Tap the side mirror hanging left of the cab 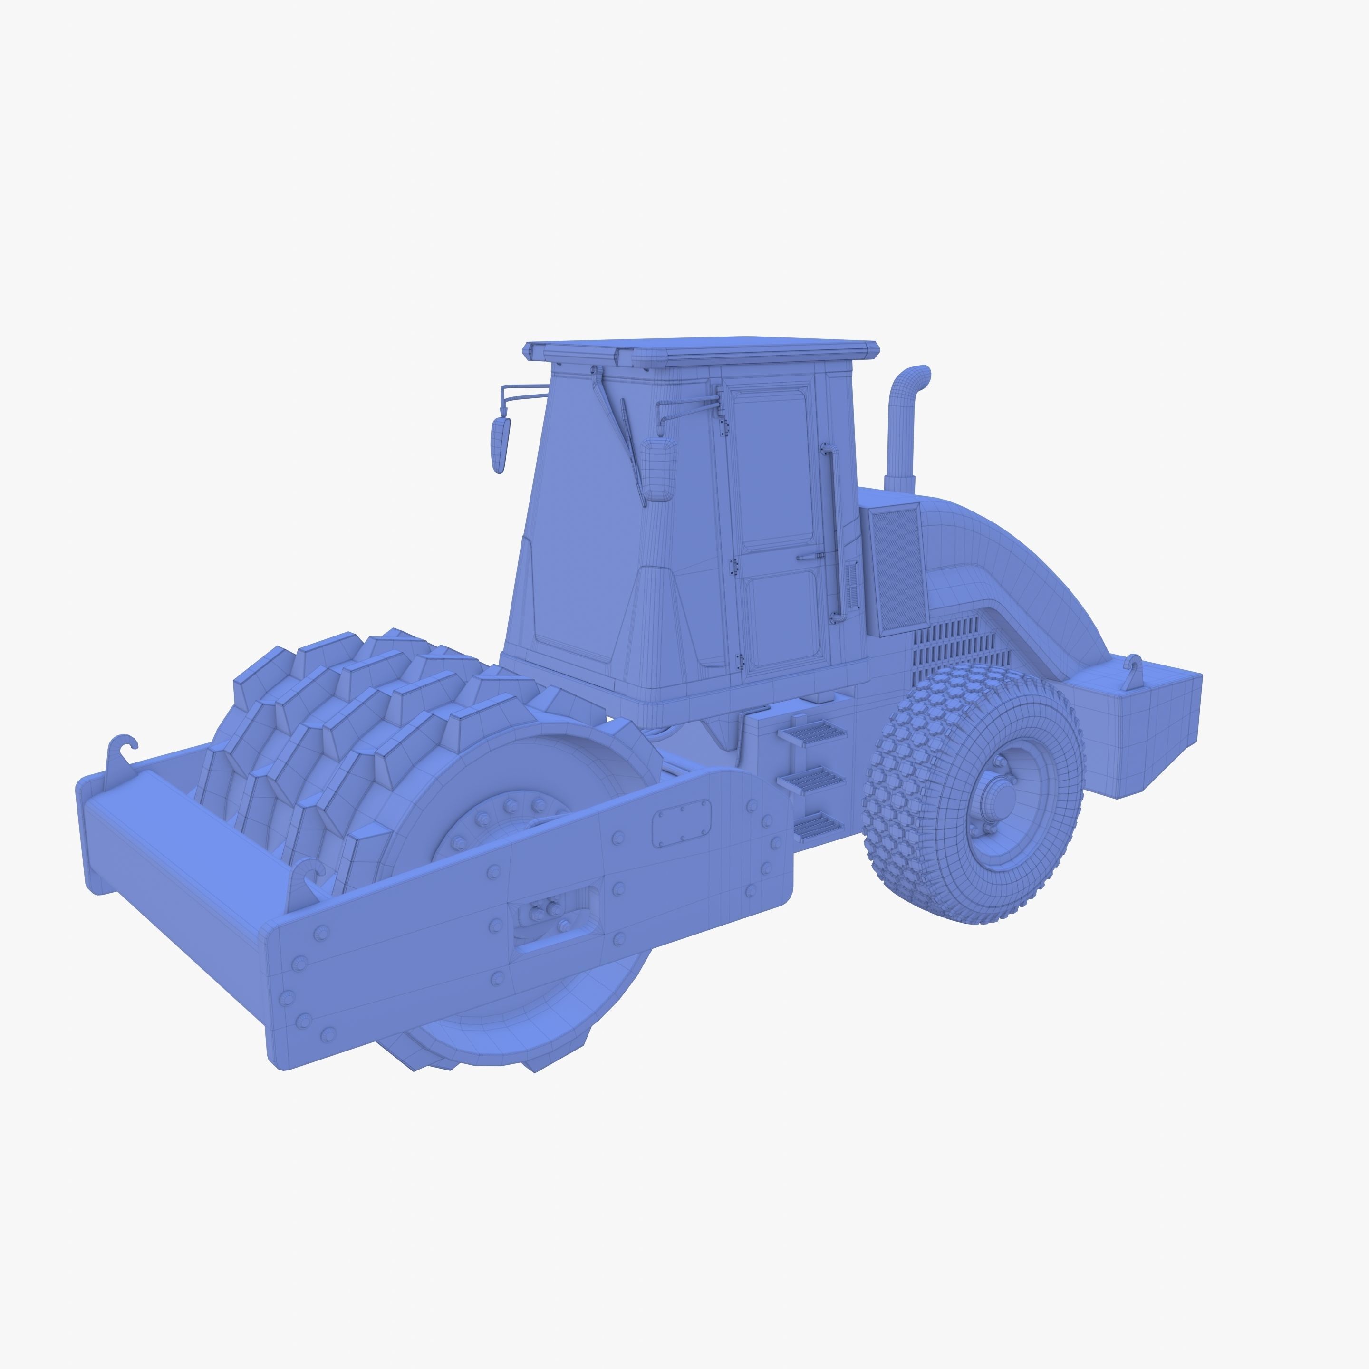point(501,445)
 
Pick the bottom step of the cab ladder point(819,826)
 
